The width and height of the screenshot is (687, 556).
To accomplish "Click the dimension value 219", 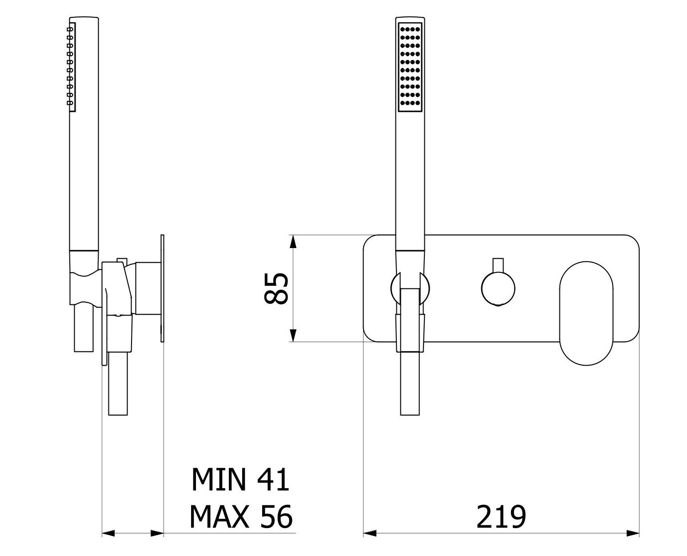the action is (x=501, y=517).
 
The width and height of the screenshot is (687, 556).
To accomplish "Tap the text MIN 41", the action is (x=240, y=479).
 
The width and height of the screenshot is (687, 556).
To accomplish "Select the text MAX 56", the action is (x=241, y=517).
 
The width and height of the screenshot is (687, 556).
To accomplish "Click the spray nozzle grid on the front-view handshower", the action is (x=410, y=67).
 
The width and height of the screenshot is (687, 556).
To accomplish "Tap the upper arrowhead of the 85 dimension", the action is (x=293, y=241).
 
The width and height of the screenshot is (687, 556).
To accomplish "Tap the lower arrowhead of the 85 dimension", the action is (x=293, y=335).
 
